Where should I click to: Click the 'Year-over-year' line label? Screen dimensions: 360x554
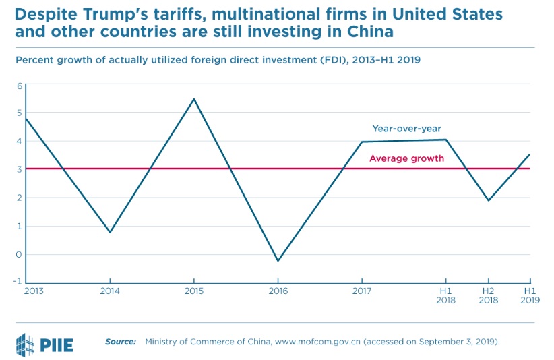[406, 128]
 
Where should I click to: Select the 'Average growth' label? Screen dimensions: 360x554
[406, 158]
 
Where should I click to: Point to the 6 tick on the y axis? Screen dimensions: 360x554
[20, 86]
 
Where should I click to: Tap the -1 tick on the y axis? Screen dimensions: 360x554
[18, 282]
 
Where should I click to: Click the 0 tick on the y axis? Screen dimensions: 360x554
[20, 255]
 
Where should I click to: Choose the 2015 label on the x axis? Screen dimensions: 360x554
[194, 291]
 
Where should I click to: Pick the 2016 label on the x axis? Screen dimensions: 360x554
[278, 291]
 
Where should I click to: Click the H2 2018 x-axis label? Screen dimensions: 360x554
[488, 295]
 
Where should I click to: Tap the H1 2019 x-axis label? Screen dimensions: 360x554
[529, 295]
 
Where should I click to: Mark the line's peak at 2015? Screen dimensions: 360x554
[194, 99]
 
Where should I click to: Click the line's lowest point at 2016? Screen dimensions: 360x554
[278, 261]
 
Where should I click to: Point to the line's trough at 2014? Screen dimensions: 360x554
[110, 233]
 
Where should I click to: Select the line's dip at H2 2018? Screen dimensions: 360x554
[488, 200]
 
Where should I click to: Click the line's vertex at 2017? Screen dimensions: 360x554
[362, 142]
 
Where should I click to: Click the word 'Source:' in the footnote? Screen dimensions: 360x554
[121, 342]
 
